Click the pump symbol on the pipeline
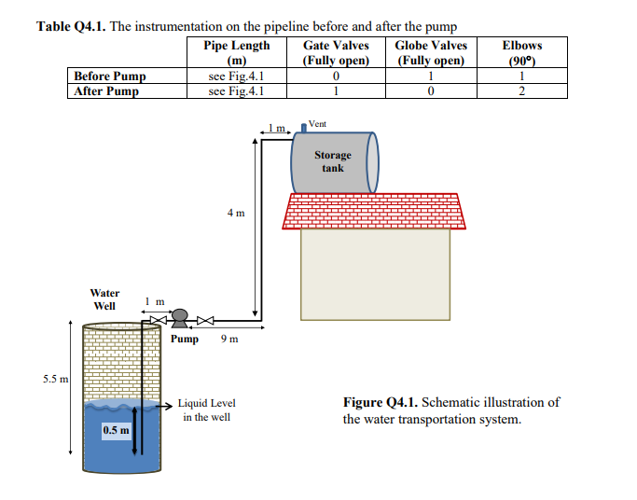tap(182, 318)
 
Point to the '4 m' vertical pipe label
tap(236, 213)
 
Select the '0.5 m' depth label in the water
tap(116, 430)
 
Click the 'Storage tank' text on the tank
tap(332, 161)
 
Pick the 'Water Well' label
tap(104, 299)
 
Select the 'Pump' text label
tap(185, 340)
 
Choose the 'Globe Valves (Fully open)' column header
tap(431, 52)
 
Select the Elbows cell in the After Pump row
tap(521, 91)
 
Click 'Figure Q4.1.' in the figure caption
tap(381, 403)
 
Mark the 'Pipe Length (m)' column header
tap(236, 52)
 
